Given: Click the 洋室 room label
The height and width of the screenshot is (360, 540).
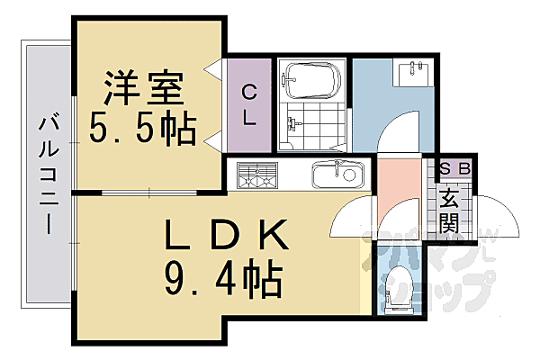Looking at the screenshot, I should coord(144,90).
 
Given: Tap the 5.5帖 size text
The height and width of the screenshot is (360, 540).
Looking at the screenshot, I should coord(142,130).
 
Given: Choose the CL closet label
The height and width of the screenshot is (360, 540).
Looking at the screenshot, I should coord(248,103).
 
